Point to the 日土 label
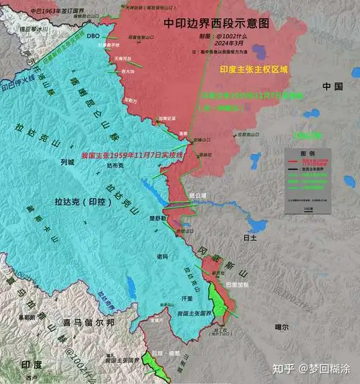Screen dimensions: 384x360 tap(251, 236)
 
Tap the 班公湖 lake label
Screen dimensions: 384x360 tap(198, 196)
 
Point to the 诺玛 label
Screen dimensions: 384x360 tap(162, 256)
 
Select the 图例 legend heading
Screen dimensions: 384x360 tap(307, 153)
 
